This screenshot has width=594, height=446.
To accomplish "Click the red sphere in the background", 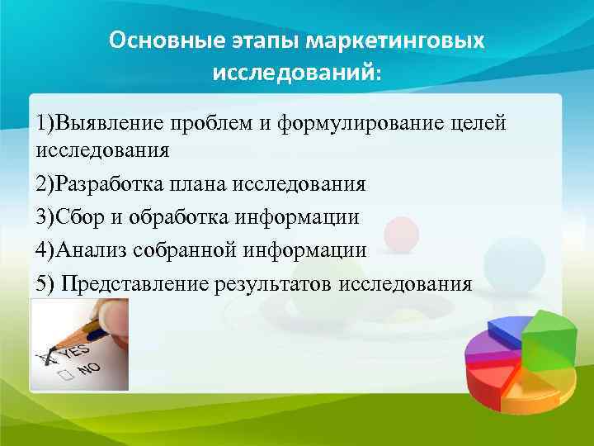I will (402, 233).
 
